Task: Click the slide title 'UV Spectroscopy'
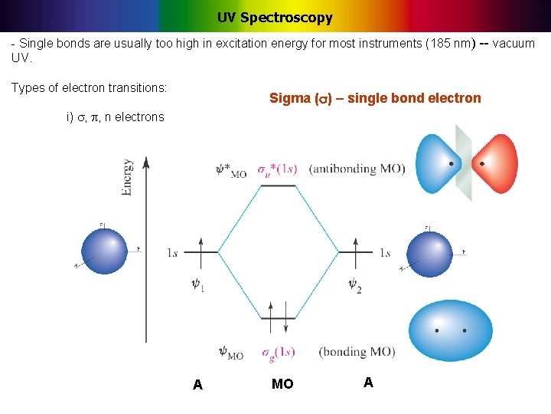(x=275, y=17)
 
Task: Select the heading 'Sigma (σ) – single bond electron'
(x=375, y=98)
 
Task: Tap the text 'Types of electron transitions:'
(x=89, y=88)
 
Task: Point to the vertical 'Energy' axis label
(x=126, y=177)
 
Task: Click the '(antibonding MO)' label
(x=357, y=169)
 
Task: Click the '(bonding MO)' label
(x=357, y=352)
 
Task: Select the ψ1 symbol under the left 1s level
(x=197, y=284)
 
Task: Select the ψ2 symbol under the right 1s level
(x=354, y=284)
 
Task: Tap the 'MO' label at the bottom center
(x=282, y=384)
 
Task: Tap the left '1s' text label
(x=174, y=252)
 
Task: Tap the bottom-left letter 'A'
(x=197, y=385)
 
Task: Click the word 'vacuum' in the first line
(x=514, y=43)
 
